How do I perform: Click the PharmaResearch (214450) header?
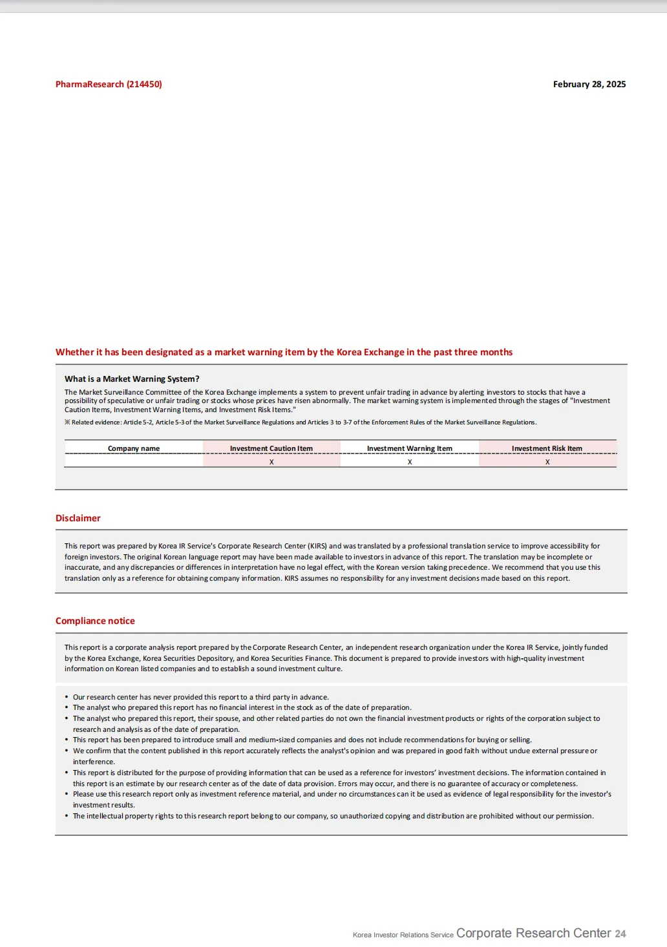(109, 84)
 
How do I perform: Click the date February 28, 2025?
(589, 84)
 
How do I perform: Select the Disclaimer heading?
(78, 518)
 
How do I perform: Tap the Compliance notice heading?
(95, 621)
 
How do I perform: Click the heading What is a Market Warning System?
(132, 379)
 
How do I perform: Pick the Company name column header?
(134, 448)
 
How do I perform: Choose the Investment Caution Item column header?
(271, 448)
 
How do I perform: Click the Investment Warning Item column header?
(410, 448)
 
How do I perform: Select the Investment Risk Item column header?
(547, 448)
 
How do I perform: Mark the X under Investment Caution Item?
(271, 462)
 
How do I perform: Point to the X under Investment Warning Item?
(410, 462)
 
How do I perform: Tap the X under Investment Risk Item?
(547, 462)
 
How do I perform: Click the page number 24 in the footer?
(620, 934)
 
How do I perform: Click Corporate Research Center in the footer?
(533, 933)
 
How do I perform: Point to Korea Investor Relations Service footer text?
(403, 935)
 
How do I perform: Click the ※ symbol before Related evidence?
(67, 422)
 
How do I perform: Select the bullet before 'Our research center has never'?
(67, 698)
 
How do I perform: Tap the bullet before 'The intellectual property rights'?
(67, 817)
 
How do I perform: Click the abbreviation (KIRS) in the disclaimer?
(317, 546)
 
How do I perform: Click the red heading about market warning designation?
(284, 352)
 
